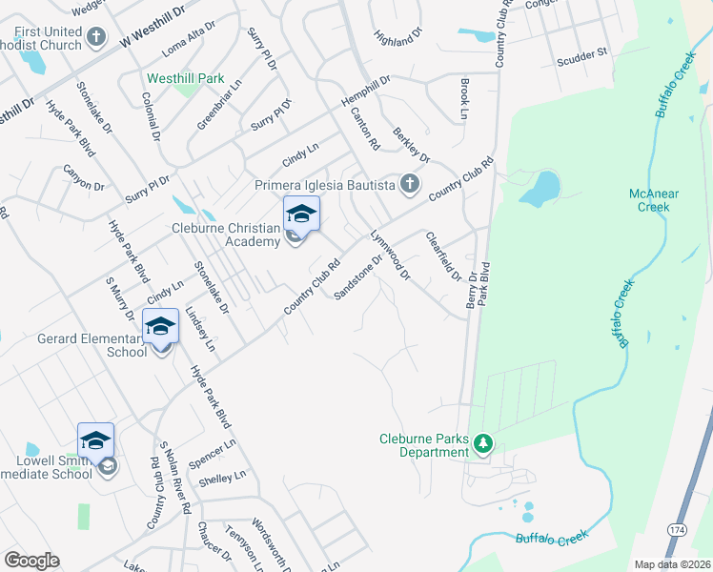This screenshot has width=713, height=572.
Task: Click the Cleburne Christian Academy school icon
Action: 300,214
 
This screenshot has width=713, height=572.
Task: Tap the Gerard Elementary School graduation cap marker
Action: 160,326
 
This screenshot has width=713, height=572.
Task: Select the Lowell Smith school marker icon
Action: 95,440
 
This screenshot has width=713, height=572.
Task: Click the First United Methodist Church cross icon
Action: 95,37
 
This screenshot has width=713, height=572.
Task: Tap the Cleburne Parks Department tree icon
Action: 483,443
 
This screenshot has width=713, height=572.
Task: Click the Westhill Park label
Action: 184,78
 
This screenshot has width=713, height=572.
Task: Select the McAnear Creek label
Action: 654,200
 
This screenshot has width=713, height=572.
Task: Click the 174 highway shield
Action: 677,529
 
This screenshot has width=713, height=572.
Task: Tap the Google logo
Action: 31,561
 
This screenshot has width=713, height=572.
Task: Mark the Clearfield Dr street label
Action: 443,256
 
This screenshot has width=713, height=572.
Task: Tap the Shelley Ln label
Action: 224,477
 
